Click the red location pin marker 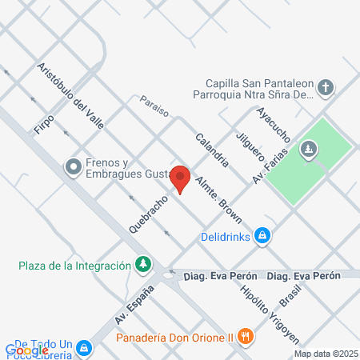[181, 178]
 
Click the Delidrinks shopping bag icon [262, 236]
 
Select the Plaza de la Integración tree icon [143, 262]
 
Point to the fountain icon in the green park [310, 149]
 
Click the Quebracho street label [150, 212]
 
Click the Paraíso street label [154, 107]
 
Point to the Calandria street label [212, 148]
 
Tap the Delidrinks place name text [225, 236]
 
